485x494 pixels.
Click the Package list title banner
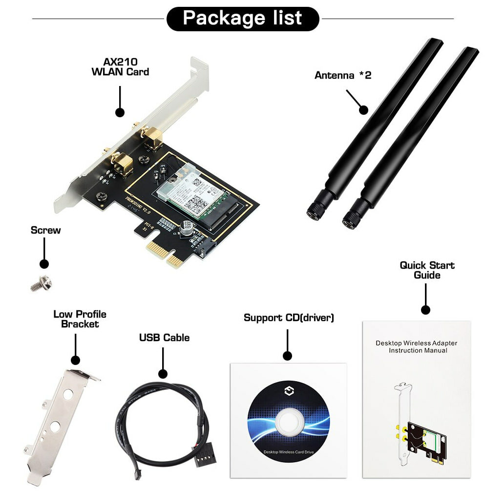tap(243, 19)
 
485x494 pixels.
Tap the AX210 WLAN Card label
tap(120, 67)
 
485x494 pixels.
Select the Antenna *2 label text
tap(342, 75)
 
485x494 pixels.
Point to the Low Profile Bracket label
tap(80, 319)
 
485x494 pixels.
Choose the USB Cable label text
tap(164, 338)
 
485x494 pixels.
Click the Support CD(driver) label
tap(289, 318)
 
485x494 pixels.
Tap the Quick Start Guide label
tap(427, 270)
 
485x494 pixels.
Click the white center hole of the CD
tap(288, 422)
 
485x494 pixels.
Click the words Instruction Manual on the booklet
tap(418, 350)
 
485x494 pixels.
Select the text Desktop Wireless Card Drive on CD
tap(288, 452)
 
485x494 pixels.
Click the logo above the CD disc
tap(287, 390)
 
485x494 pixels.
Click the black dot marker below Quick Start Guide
tap(425, 309)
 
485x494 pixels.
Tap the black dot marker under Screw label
tap(44, 264)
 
